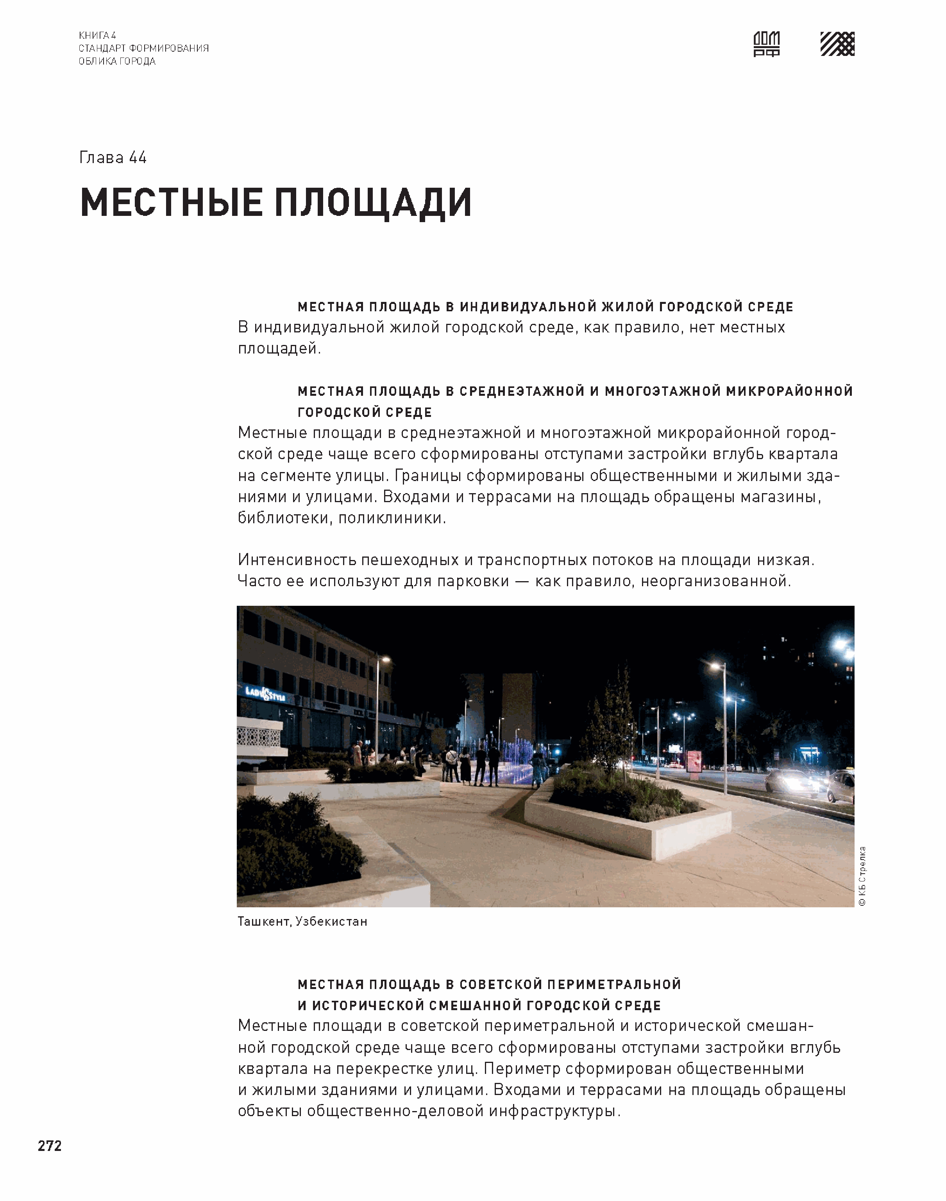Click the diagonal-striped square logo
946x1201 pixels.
837,44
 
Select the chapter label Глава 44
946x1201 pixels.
113,158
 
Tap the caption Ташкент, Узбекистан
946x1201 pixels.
302,921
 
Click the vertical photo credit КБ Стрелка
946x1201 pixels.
862,876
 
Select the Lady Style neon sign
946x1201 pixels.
265,694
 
